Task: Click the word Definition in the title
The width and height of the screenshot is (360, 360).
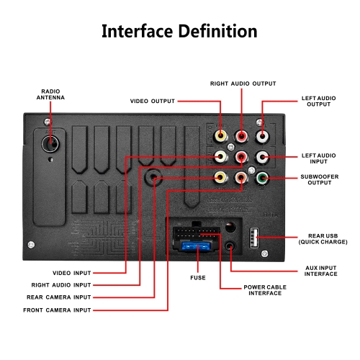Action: pos(218,31)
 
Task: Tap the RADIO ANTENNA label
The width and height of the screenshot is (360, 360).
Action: pos(50,94)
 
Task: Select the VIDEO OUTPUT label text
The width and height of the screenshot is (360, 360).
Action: pos(153,101)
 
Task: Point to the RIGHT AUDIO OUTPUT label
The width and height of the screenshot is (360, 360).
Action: pos(243,84)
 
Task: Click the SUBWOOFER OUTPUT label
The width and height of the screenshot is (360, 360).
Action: pos(320,179)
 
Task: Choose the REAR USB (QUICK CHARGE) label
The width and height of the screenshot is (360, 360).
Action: pos(323,239)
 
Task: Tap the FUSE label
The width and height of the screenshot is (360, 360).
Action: pos(198,278)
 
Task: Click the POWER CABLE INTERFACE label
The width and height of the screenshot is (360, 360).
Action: pos(265,290)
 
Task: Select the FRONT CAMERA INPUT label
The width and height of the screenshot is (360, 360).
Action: pos(57,310)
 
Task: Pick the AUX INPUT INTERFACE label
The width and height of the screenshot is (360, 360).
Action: pos(320,271)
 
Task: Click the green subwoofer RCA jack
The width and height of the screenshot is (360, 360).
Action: pos(262,178)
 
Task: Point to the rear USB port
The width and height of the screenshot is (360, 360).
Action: pos(254,238)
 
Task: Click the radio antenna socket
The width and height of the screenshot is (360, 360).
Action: pos(50,143)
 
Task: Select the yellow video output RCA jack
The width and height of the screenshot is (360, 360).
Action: pos(220,136)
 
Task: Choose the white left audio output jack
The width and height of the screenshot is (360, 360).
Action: pos(262,137)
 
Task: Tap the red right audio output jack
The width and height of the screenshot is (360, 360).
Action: pos(241,136)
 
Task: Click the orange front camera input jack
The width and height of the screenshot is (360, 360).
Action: pos(241,178)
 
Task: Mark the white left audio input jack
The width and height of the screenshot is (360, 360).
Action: pos(262,157)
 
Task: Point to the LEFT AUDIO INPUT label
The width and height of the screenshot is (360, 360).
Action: pos(318,158)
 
